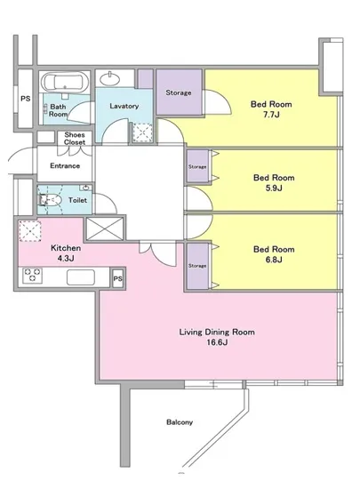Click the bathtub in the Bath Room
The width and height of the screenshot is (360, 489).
65,82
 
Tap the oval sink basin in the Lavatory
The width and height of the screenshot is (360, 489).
109,78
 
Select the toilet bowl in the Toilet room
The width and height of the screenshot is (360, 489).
50,199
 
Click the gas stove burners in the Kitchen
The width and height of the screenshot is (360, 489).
32,276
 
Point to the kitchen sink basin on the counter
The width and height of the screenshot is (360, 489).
81,277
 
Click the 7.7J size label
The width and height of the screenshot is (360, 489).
271,115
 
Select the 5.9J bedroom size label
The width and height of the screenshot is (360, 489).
274,188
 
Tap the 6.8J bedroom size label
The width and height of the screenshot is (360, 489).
274,260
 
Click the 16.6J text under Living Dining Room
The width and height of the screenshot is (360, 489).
217,342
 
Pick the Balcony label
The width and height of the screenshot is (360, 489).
180,422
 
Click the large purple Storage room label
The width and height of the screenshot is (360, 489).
179,92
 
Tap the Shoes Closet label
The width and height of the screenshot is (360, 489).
75,139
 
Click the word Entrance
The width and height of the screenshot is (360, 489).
65,165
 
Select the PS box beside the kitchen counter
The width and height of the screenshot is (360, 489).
118,278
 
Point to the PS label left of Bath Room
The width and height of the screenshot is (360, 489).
26,99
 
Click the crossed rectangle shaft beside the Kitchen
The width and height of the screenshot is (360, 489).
104,228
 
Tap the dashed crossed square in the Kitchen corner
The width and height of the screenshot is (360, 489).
30,231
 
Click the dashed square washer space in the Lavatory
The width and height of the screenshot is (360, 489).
142,133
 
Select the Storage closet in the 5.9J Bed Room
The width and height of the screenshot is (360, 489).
197,166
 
